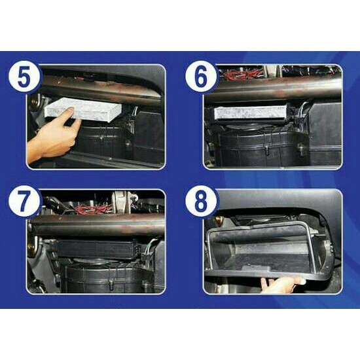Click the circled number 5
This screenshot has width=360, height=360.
pyautogui.click(x=23, y=78)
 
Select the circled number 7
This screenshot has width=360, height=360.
pyautogui.click(x=23, y=203)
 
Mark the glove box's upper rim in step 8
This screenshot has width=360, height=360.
pyautogui.click(x=262, y=226)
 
